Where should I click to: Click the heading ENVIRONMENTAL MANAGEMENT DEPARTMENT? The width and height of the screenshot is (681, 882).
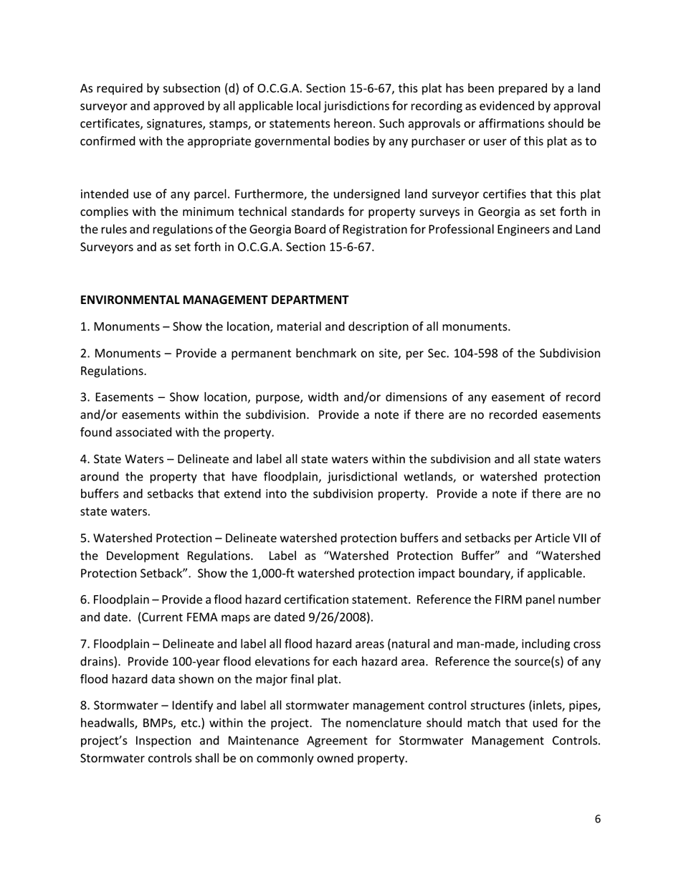pos(214,300)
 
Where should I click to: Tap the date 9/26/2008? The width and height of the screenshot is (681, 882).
pos(342,617)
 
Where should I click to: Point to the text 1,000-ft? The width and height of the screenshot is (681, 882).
pos(265,574)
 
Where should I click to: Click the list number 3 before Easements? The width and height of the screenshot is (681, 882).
pos(83,397)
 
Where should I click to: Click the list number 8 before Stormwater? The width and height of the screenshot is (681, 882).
pos(83,705)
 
